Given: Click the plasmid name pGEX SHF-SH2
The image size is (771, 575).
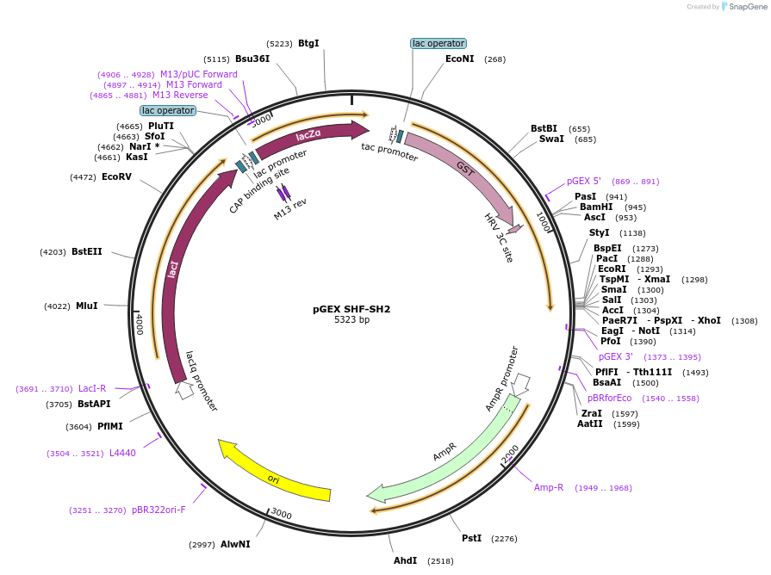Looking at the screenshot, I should pyautogui.click(x=351, y=308).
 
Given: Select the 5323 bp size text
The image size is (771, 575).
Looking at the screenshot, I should pyautogui.click(x=351, y=320).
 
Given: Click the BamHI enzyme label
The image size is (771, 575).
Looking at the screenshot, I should pyautogui.click(x=595, y=207).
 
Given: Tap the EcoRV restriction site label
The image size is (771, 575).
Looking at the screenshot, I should pyautogui.click(x=116, y=177).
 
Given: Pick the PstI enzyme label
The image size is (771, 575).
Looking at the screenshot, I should pyautogui.click(x=471, y=538).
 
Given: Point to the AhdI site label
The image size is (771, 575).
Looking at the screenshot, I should pyautogui.click(x=405, y=560).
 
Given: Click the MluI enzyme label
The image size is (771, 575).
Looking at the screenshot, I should pyautogui.click(x=86, y=306).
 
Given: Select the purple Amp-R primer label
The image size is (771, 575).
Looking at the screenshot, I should pyautogui.click(x=549, y=487).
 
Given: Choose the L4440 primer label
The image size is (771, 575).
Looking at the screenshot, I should pyautogui.click(x=122, y=453).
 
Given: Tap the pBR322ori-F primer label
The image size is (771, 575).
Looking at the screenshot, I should pyautogui.click(x=159, y=510).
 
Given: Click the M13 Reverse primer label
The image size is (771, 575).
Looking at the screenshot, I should pyautogui.click(x=180, y=96).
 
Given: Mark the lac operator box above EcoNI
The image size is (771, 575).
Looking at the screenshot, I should pyautogui.click(x=438, y=43).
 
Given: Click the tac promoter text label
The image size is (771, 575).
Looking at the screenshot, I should pyautogui.click(x=389, y=152).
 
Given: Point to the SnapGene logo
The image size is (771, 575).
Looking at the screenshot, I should pyautogui.click(x=743, y=7).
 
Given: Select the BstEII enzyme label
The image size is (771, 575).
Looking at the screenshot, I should pyautogui.click(x=86, y=251).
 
